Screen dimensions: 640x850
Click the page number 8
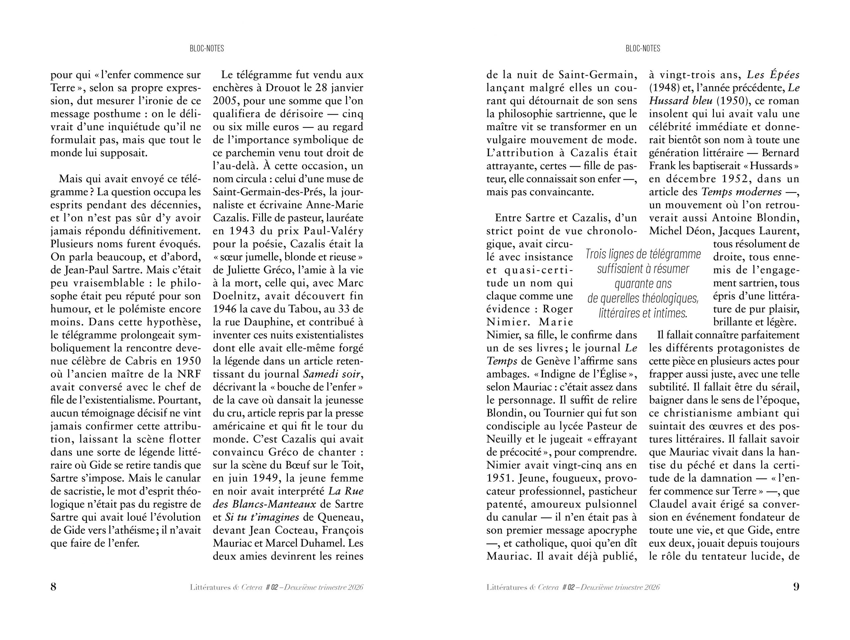point(53,587)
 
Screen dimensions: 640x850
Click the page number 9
point(796,587)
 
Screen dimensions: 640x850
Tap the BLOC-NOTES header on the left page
point(207,48)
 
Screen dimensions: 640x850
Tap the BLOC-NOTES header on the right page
point(643,48)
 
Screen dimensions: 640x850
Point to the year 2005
point(225,101)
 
